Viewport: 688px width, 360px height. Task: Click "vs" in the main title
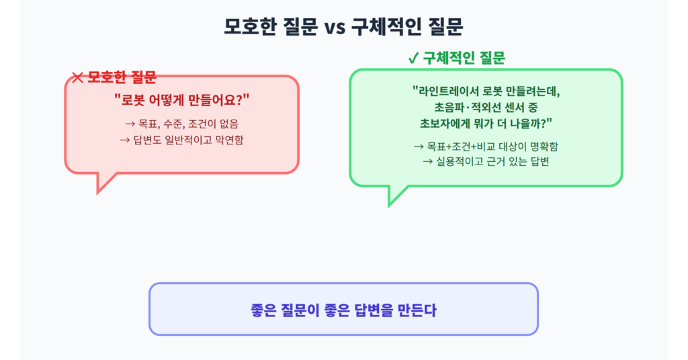(335, 27)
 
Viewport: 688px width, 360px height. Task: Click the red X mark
(77, 78)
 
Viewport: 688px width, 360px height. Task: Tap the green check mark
(413, 58)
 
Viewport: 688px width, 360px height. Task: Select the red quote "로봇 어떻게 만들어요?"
(181, 100)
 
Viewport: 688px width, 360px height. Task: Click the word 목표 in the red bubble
(148, 124)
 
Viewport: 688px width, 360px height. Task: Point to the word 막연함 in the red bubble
(229, 140)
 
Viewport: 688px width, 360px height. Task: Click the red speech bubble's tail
(103, 181)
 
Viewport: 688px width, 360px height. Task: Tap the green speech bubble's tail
(395, 194)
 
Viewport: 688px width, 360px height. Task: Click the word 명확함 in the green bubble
(544, 146)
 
